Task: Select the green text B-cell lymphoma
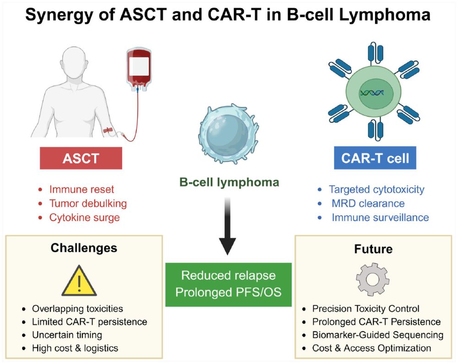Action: pos(229,182)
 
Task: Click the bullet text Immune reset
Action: pos(82,189)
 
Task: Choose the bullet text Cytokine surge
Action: pos(84,217)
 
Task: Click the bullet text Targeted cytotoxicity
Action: pos(376,189)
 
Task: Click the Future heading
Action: pos(373,249)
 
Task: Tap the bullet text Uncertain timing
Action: pos(67,335)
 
